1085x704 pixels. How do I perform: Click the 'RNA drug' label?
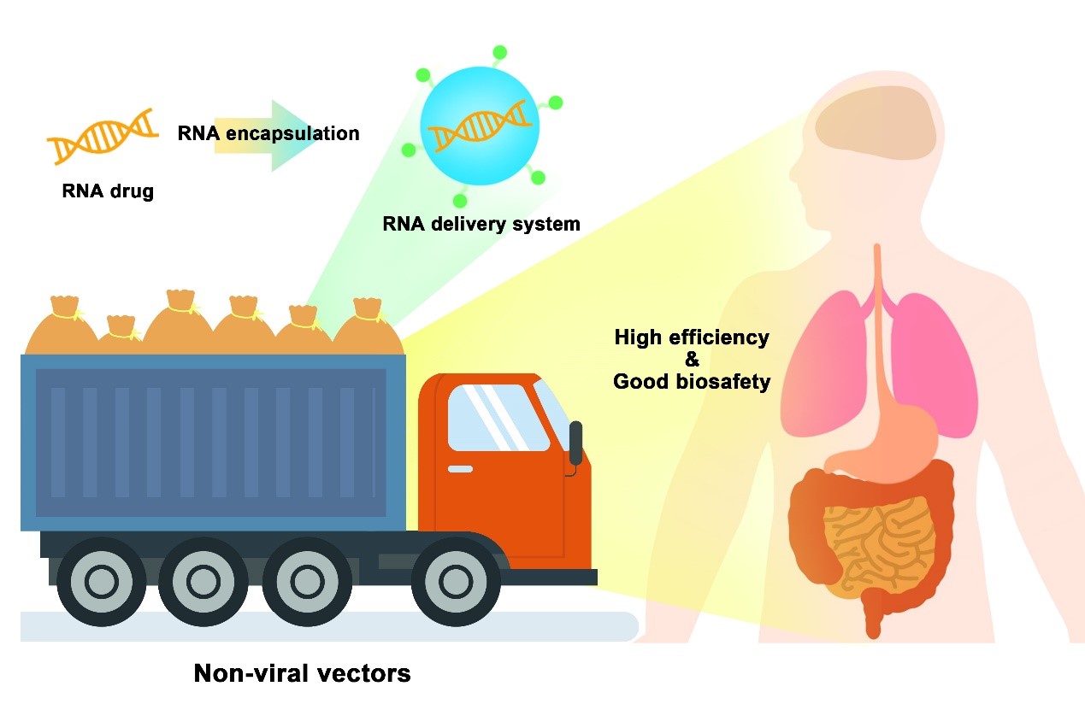(108, 191)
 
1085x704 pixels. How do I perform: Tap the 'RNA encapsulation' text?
(268, 133)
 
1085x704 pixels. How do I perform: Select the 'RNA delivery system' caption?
(482, 225)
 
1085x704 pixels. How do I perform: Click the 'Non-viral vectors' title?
(303, 673)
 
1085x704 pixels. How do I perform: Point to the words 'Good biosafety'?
(692, 382)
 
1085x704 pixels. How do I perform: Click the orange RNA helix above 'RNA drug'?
(103, 136)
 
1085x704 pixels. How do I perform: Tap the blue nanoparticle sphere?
(480, 125)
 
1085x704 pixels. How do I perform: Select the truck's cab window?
(498, 418)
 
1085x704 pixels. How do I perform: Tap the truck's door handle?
(460, 469)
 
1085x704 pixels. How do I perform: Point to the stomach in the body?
(889, 439)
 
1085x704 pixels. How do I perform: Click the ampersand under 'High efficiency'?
(692, 360)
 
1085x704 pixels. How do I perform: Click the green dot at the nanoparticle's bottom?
(460, 202)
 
